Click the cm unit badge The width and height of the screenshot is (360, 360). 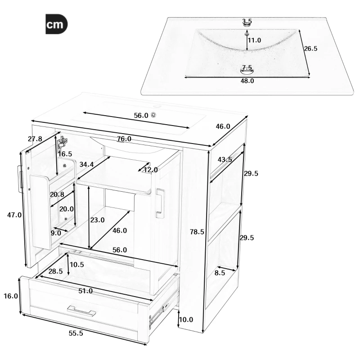tap(56, 25)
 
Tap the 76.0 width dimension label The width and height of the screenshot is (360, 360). tap(124, 139)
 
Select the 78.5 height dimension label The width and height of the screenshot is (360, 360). tap(197, 232)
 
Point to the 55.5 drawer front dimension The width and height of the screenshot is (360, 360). tap(76, 333)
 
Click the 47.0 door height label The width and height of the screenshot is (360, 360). tap(14, 215)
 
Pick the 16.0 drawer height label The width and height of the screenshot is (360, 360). tap(10, 296)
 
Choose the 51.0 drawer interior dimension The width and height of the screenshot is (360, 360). tap(85, 291)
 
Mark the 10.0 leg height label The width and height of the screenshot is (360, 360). tap(185, 320)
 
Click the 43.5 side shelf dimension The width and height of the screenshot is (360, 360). tap(225, 160)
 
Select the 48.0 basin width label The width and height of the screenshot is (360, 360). tap(247, 81)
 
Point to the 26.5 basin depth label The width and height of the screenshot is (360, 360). tap(310, 49)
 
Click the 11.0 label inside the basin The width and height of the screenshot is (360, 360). tap(255, 40)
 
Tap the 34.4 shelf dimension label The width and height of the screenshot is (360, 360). tap(86, 165)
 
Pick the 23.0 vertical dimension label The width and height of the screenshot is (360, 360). tap(97, 220)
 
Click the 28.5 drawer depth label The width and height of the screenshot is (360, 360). tap(55, 271)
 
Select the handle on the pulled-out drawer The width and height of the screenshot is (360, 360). tap(81, 310)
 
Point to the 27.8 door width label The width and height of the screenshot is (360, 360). tap(35, 139)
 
